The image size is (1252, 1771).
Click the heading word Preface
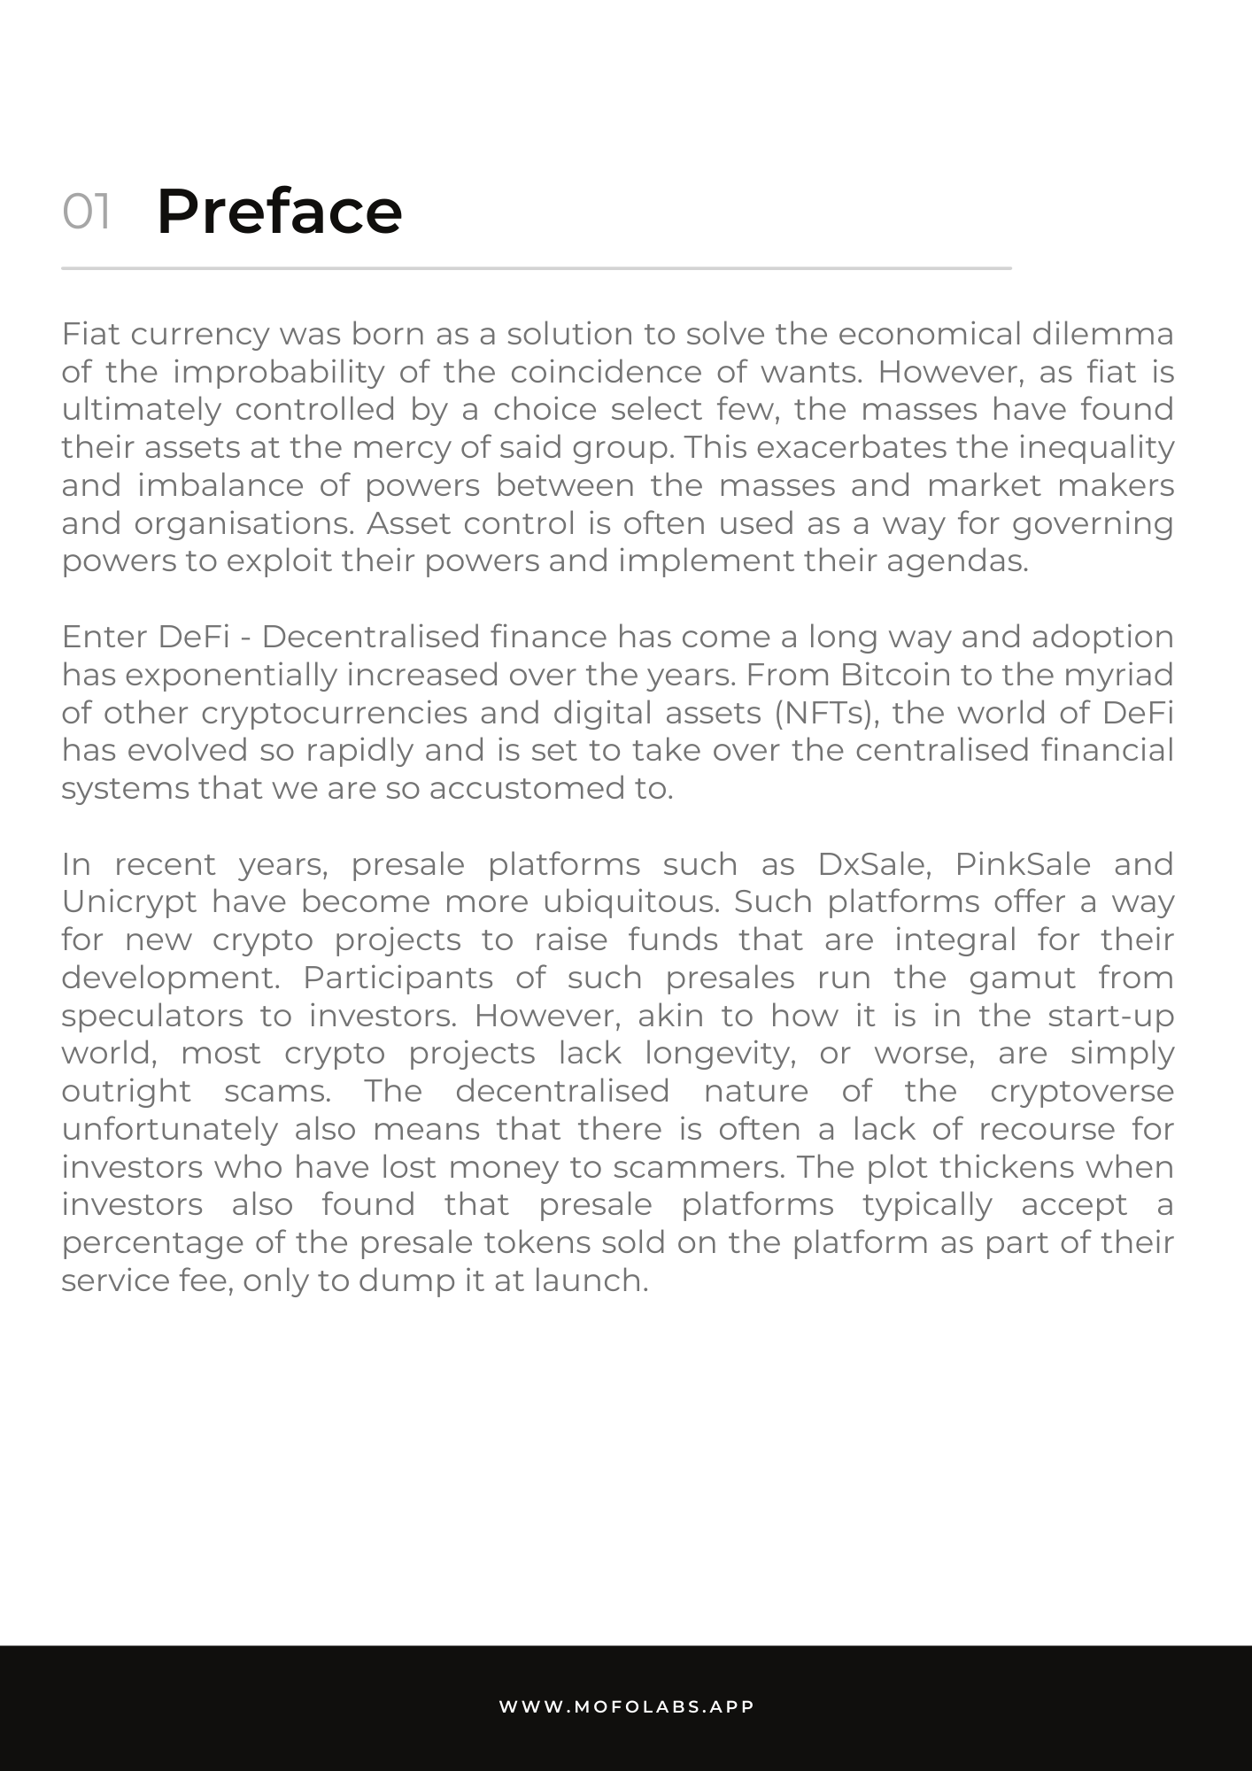(279, 212)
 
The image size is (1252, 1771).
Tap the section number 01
(86, 213)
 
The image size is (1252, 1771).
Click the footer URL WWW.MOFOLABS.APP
(626, 1706)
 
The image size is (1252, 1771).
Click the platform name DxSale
(873, 864)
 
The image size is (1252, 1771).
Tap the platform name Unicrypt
(129, 902)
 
